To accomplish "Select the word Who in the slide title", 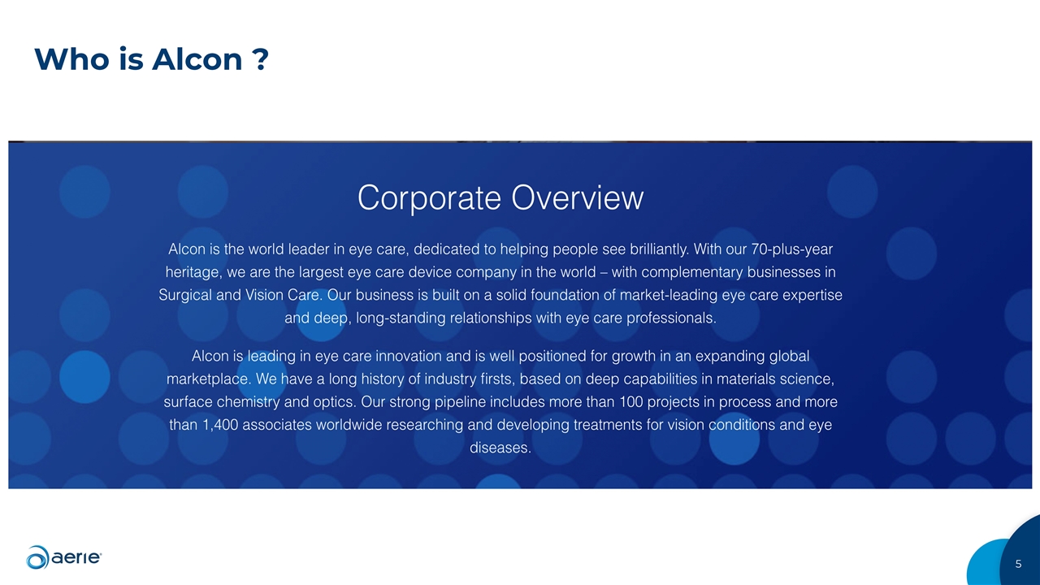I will pyautogui.click(x=63, y=59).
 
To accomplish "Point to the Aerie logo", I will pyautogui.click(x=64, y=557).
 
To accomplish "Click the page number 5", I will pyautogui.click(x=1018, y=564).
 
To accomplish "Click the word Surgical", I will pyautogui.click(x=185, y=295).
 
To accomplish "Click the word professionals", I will pyautogui.click(x=671, y=318).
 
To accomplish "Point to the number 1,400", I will pyautogui.click(x=218, y=425).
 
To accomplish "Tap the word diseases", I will pyautogui.click(x=500, y=448).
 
